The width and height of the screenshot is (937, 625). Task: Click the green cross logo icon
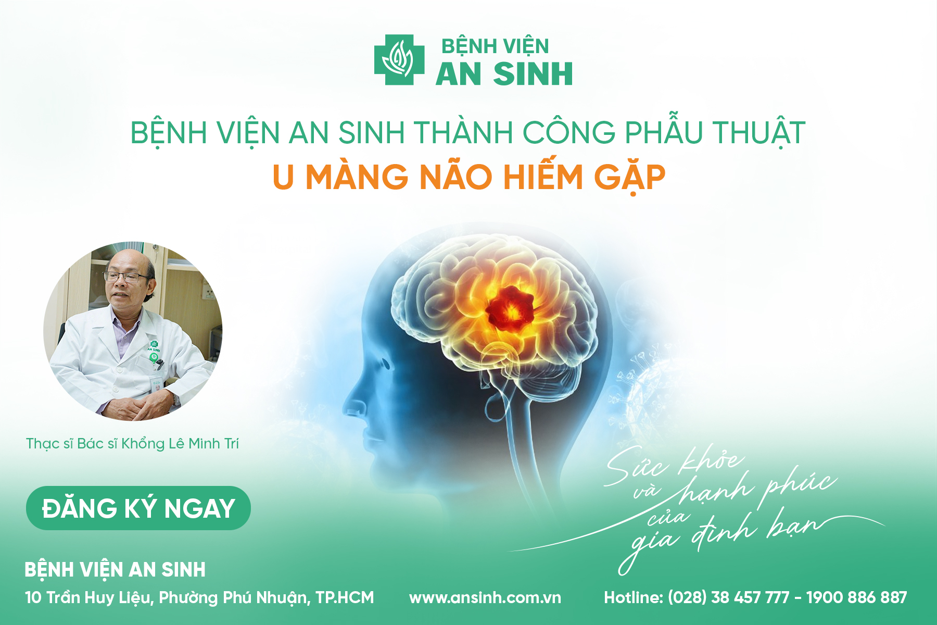399,60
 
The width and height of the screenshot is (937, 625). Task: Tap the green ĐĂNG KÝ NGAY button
138,508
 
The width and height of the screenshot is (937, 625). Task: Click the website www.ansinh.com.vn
485,597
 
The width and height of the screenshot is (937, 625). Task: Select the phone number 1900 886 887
857,597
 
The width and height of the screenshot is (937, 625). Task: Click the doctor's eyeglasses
125,277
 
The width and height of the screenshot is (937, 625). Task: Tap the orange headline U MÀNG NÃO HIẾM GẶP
469,177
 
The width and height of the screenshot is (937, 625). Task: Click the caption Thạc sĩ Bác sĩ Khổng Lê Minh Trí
132,444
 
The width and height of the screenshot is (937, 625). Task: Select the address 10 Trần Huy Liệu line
199,597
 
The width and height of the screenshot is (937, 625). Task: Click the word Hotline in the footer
634,597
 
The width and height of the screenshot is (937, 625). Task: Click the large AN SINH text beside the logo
504,73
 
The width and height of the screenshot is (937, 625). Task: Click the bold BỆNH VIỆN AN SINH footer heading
115,569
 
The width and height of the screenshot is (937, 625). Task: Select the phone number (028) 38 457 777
728,597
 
